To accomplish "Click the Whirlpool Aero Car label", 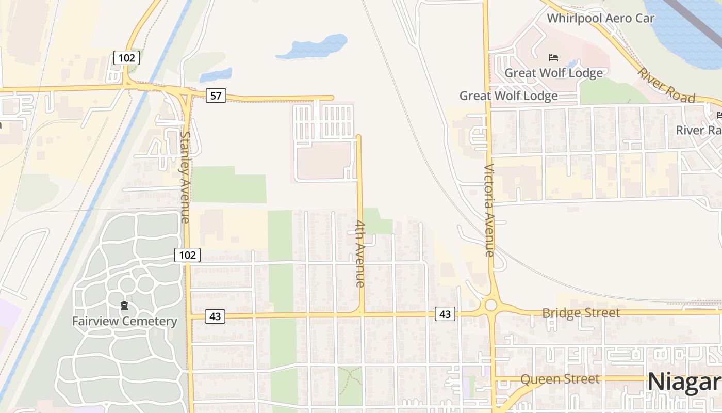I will (x=600, y=19).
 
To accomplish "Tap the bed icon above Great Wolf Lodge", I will (x=553, y=58).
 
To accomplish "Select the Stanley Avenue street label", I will (x=185, y=177).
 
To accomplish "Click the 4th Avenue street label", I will (x=360, y=253).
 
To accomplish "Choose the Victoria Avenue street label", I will (x=489, y=210).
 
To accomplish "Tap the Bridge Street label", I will (x=581, y=313).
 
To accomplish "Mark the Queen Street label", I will (x=560, y=379).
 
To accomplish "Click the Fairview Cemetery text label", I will (x=124, y=321).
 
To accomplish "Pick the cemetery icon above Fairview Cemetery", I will (x=124, y=306).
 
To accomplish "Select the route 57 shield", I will (x=216, y=96).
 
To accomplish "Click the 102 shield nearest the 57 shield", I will (x=126, y=58).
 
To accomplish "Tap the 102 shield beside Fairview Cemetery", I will (x=187, y=255).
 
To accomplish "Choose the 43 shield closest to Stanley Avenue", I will (x=215, y=316).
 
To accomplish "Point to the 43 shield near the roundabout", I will (x=445, y=313).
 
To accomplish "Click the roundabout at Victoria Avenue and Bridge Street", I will (x=490, y=305).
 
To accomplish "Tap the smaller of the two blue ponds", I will (x=216, y=75).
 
